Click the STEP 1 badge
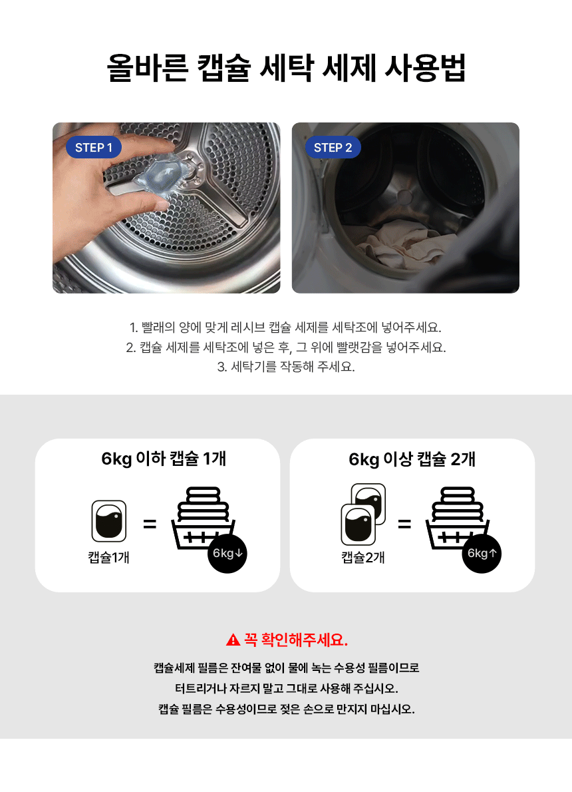(x=94, y=148)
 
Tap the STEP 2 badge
(x=333, y=148)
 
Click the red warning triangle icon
(x=233, y=640)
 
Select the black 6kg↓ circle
(x=227, y=554)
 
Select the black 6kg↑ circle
(x=482, y=554)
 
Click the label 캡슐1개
(x=108, y=557)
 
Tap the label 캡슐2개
(x=363, y=557)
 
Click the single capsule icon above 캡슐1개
(x=109, y=520)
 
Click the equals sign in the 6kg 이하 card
(x=150, y=524)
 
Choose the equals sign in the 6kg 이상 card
(x=404, y=524)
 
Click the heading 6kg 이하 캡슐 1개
(x=164, y=459)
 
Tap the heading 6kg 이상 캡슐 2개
(x=412, y=459)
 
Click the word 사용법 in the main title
(x=425, y=68)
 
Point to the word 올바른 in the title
(x=148, y=68)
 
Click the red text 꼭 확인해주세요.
(x=296, y=640)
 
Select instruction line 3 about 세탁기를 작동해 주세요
(x=286, y=367)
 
